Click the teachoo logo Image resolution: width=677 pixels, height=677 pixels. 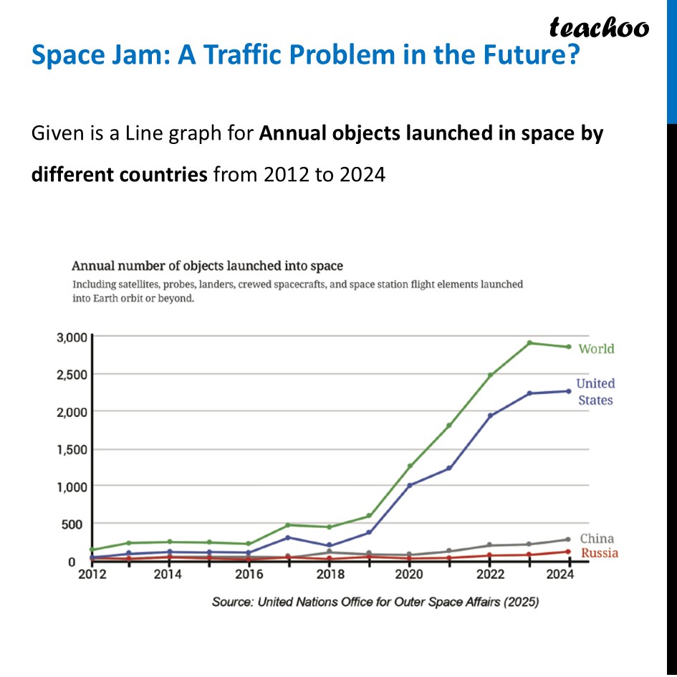[599, 27]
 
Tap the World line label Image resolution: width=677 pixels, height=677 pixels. [596, 349]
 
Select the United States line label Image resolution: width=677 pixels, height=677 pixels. [595, 392]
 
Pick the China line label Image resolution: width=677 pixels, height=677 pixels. [597, 539]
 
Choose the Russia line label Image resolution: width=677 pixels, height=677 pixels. [599, 553]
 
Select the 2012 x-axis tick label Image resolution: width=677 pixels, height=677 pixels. [92, 575]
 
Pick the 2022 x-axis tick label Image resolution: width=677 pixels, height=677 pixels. [489, 575]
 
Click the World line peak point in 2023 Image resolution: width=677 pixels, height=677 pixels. [529, 342]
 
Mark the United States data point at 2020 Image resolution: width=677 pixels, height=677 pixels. [410, 485]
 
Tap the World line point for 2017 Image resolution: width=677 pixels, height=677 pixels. [288, 525]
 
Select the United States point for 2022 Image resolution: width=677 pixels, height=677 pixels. [489, 416]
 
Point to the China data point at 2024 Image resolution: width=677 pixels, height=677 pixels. [568, 539]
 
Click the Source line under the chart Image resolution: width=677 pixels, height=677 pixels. [375, 602]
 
